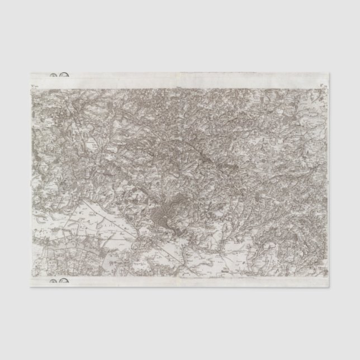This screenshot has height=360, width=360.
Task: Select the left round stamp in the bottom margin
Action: (54, 281)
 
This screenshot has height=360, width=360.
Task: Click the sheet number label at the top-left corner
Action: (34, 86)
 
